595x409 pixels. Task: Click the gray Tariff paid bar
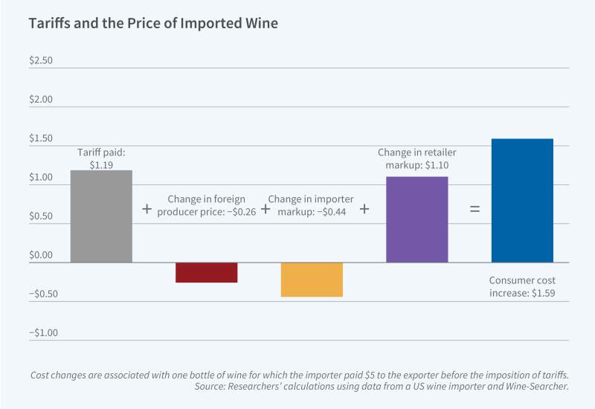[101, 216]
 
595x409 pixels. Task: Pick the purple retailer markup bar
[416, 219]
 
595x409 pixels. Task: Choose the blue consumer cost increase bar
[522, 200]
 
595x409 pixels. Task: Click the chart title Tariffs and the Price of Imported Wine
[153, 24]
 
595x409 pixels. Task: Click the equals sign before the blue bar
[474, 210]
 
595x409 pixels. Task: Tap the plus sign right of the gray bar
[147, 210]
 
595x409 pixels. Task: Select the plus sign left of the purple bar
[364, 210]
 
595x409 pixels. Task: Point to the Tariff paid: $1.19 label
[101, 158]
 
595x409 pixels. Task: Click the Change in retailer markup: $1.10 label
[414, 159]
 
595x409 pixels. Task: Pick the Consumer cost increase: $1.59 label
[522, 287]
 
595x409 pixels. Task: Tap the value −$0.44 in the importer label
[337, 212]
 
